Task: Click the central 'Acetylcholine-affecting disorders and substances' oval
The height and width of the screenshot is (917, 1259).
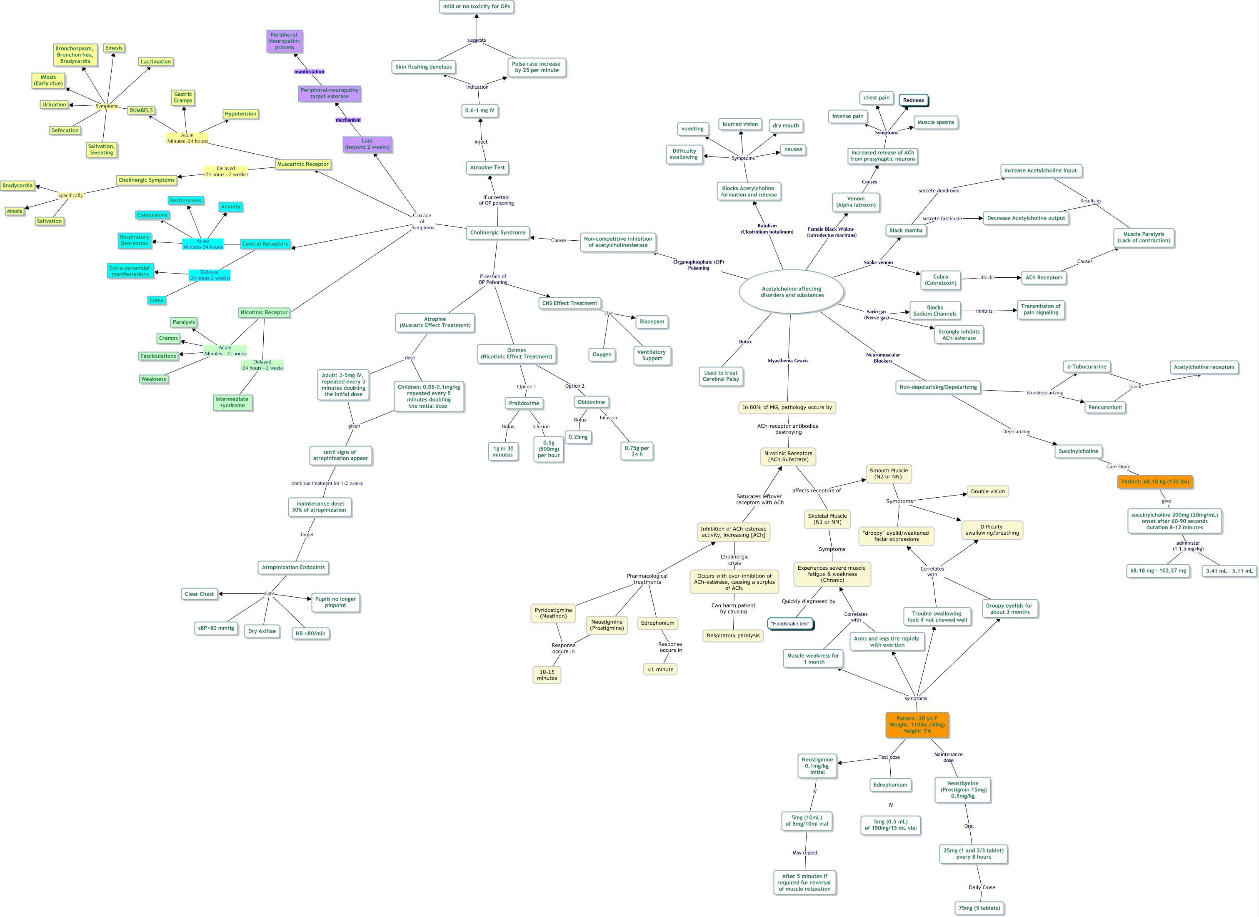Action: pos(792,292)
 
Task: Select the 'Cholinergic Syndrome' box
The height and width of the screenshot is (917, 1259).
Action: pos(497,232)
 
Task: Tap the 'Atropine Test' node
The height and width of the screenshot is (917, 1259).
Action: pos(487,168)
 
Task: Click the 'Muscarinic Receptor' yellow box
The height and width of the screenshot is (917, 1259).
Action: pos(303,164)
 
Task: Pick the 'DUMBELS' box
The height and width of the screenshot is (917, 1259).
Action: pos(141,110)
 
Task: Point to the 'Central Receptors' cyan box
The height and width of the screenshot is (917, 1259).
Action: pos(265,244)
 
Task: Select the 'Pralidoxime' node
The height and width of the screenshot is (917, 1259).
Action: pos(524,404)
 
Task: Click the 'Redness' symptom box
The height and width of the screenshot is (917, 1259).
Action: pos(913,100)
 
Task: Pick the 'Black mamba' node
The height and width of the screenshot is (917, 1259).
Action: pos(906,230)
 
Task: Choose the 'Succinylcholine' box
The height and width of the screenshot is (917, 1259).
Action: pos(1078,451)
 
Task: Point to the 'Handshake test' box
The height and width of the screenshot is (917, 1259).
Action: pos(790,624)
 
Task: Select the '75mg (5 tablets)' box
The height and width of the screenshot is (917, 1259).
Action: pos(979,908)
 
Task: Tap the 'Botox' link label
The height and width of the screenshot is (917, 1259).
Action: pos(745,342)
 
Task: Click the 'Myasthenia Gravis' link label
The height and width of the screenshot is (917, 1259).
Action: pos(787,361)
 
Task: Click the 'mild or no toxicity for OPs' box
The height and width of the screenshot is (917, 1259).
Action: pos(476,7)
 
